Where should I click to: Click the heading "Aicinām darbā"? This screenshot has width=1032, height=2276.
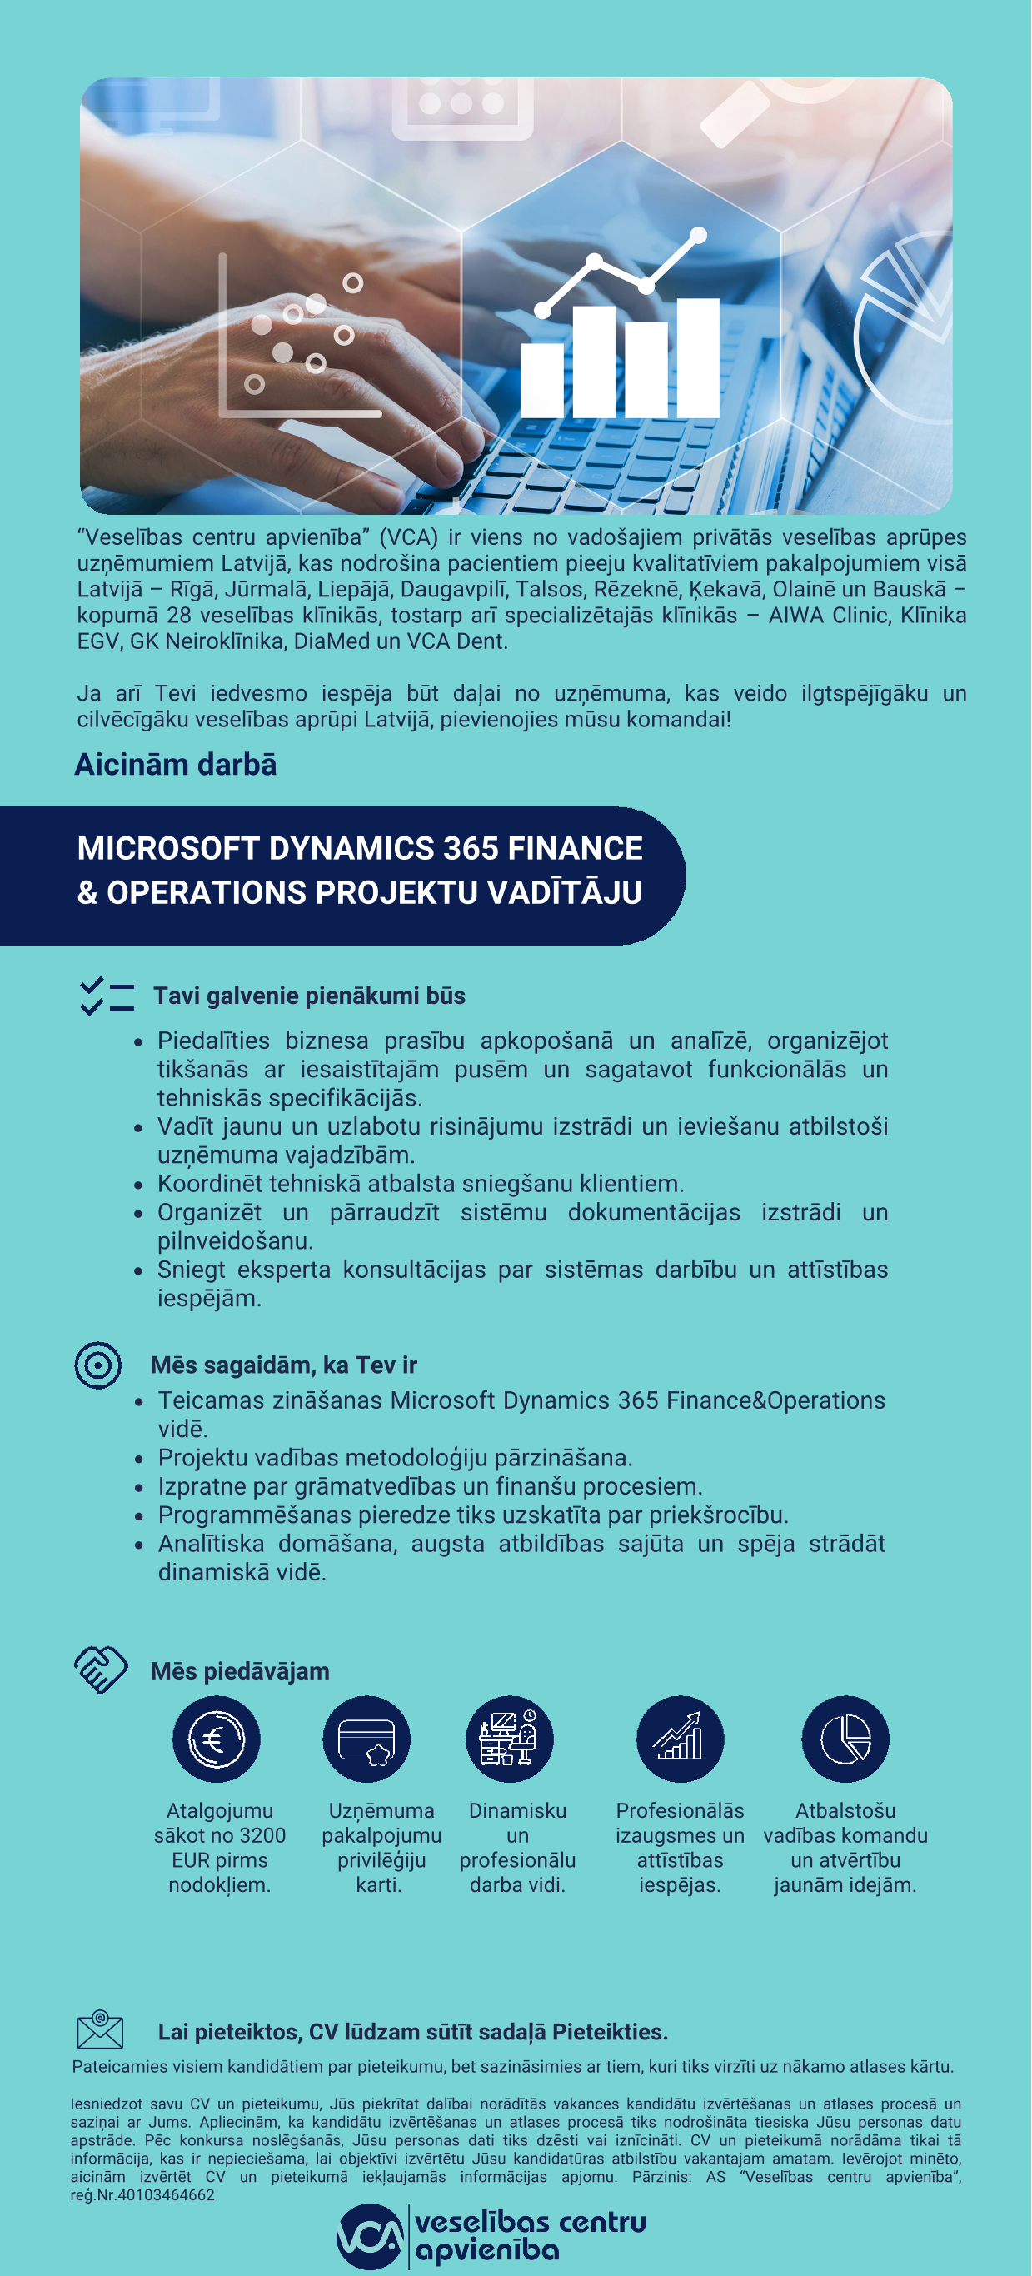(175, 765)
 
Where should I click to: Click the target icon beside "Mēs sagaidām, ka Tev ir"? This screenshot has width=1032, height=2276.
(98, 1365)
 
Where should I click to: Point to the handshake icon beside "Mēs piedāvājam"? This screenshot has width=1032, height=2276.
(101, 1669)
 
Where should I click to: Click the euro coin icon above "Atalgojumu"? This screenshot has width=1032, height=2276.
(217, 1739)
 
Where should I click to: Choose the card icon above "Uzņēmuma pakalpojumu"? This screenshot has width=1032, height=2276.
(366, 1739)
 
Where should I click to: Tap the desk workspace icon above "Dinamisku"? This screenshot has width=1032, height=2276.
(510, 1739)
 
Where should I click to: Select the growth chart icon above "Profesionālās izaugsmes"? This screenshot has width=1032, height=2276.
(680, 1739)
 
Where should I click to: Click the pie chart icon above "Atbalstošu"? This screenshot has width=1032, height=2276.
(845, 1739)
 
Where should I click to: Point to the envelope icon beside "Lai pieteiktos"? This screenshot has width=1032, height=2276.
(100, 2029)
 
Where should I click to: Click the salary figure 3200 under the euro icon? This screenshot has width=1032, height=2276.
(263, 1835)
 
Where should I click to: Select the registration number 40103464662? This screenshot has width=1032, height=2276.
(166, 2194)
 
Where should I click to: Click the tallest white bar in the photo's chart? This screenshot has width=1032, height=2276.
(698, 358)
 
